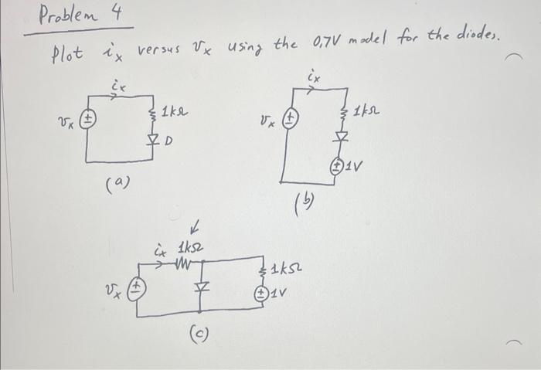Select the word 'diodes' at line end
[x=480, y=36]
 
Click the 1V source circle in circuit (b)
[x=339, y=165]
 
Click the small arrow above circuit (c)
[x=196, y=228]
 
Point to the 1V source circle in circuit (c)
[x=263, y=293]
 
